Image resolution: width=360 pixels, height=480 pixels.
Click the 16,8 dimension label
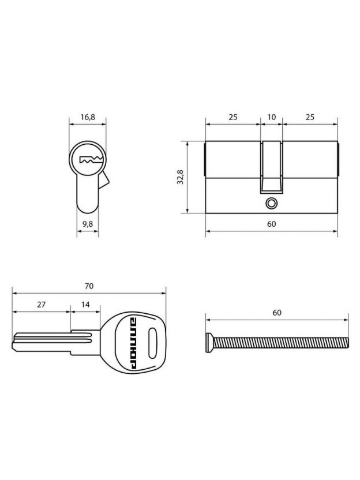pos(88,117)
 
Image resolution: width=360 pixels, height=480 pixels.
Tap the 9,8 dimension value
pos(88,224)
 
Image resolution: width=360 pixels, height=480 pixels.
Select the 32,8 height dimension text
pos(181,177)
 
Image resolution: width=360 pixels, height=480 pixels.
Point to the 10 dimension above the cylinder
pos(272,117)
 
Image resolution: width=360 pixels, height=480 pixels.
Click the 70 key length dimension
pos(89,286)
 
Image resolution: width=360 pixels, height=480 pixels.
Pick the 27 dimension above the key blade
pos(42,305)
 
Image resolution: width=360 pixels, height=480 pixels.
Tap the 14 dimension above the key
pos(85,305)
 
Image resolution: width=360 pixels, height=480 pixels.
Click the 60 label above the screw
pos(277,313)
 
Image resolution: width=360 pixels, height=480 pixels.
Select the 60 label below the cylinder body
pos(272,224)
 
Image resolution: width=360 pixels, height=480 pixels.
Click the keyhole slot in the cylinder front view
pos(91,159)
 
